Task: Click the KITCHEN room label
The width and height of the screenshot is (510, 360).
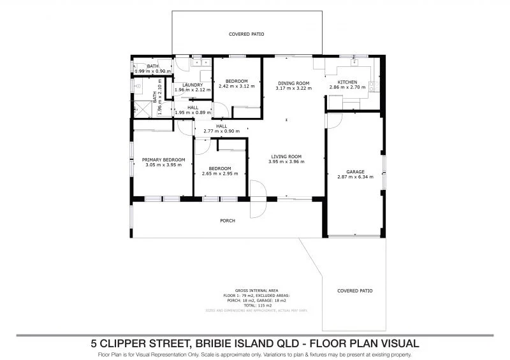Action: click(x=347, y=82)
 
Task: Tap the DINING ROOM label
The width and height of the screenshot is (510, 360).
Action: click(x=293, y=83)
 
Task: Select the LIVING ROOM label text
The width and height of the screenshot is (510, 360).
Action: click(x=286, y=156)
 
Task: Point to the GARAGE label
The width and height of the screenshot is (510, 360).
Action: click(x=355, y=172)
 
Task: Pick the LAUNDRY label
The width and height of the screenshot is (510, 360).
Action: click(x=192, y=85)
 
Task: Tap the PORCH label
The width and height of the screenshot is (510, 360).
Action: click(x=227, y=221)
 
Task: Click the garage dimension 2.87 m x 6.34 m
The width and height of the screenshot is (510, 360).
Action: click(x=355, y=178)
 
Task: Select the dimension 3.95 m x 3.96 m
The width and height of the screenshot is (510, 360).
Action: click(x=286, y=162)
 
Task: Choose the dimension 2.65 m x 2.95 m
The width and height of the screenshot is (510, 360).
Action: click(x=219, y=173)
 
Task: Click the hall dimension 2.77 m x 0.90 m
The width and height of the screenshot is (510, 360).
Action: click(x=221, y=131)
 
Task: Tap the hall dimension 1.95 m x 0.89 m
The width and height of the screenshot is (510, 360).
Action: click(x=192, y=112)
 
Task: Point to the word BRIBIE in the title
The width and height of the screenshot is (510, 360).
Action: click(x=221, y=343)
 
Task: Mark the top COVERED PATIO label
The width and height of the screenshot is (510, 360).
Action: click(x=246, y=34)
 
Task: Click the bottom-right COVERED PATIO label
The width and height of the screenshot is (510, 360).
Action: click(x=355, y=291)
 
